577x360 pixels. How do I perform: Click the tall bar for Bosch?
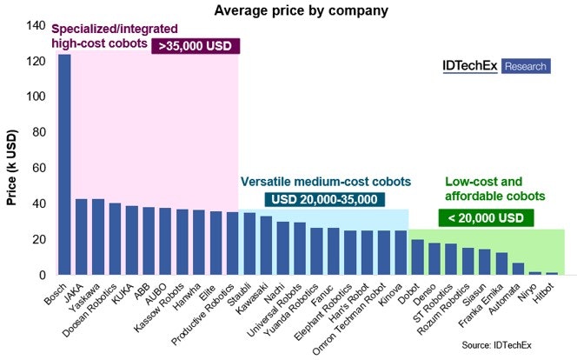[x=64, y=164]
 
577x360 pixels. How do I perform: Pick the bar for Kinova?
[x=401, y=252]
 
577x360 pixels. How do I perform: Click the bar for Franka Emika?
[x=501, y=263]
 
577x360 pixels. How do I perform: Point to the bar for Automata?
[x=518, y=269]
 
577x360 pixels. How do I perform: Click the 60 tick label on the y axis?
[x=36, y=168]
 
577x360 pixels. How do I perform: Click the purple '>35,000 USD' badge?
[x=195, y=46]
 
